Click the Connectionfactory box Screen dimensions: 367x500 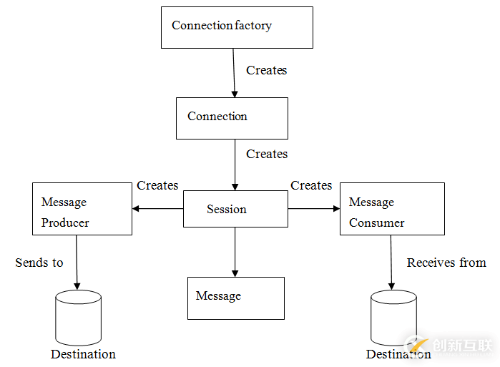pos(237,27)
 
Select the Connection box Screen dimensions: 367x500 pos(232,118)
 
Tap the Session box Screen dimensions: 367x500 pos(236,209)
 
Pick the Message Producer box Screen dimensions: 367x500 pos(82,209)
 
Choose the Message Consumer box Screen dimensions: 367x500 pos(392,209)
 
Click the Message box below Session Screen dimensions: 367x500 pos(236,298)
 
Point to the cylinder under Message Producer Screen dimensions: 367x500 pos(78,317)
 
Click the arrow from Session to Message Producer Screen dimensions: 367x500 pos(158,209)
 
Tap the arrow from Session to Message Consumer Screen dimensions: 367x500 pos(314,209)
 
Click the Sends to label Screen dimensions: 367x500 pos(39,263)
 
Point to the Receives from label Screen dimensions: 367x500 pos(446,263)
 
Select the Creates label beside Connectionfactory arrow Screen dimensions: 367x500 pos(267,70)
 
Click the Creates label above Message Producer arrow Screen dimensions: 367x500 pos(157,185)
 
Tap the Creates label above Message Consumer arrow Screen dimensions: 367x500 pos(311,185)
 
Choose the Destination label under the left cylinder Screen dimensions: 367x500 pos(83,354)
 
